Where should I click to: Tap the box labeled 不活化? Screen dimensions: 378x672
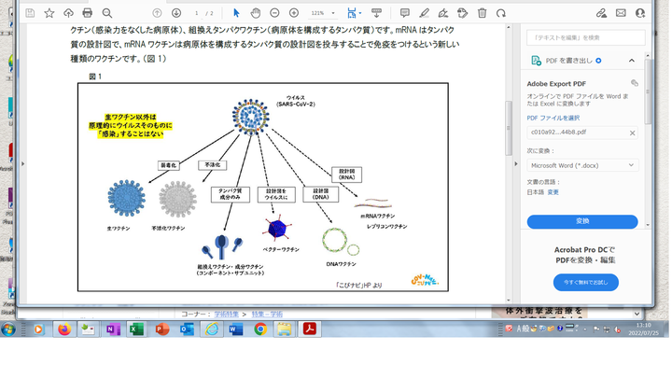tap(212, 165)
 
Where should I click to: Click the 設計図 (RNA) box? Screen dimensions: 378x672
tap(347, 174)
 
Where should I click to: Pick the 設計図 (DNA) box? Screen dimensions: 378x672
tap(320, 194)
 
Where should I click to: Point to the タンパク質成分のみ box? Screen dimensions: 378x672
tap(230, 194)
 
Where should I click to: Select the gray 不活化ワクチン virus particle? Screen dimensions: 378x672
tap(177, 200)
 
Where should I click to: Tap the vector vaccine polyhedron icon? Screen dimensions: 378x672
tap(275, 228)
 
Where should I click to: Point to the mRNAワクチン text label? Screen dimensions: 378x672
tap(380, 216)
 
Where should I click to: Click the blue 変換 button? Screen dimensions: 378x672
tap(582, 221)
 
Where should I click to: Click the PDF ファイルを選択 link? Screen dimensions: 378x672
tap(553, 118)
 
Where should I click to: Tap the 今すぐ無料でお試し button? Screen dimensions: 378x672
tap(585, 282)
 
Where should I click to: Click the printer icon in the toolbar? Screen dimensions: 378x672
tap(87, 13)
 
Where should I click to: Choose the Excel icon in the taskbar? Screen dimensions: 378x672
tap(136, 329)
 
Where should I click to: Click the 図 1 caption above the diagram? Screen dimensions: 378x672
tap(95, 76)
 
